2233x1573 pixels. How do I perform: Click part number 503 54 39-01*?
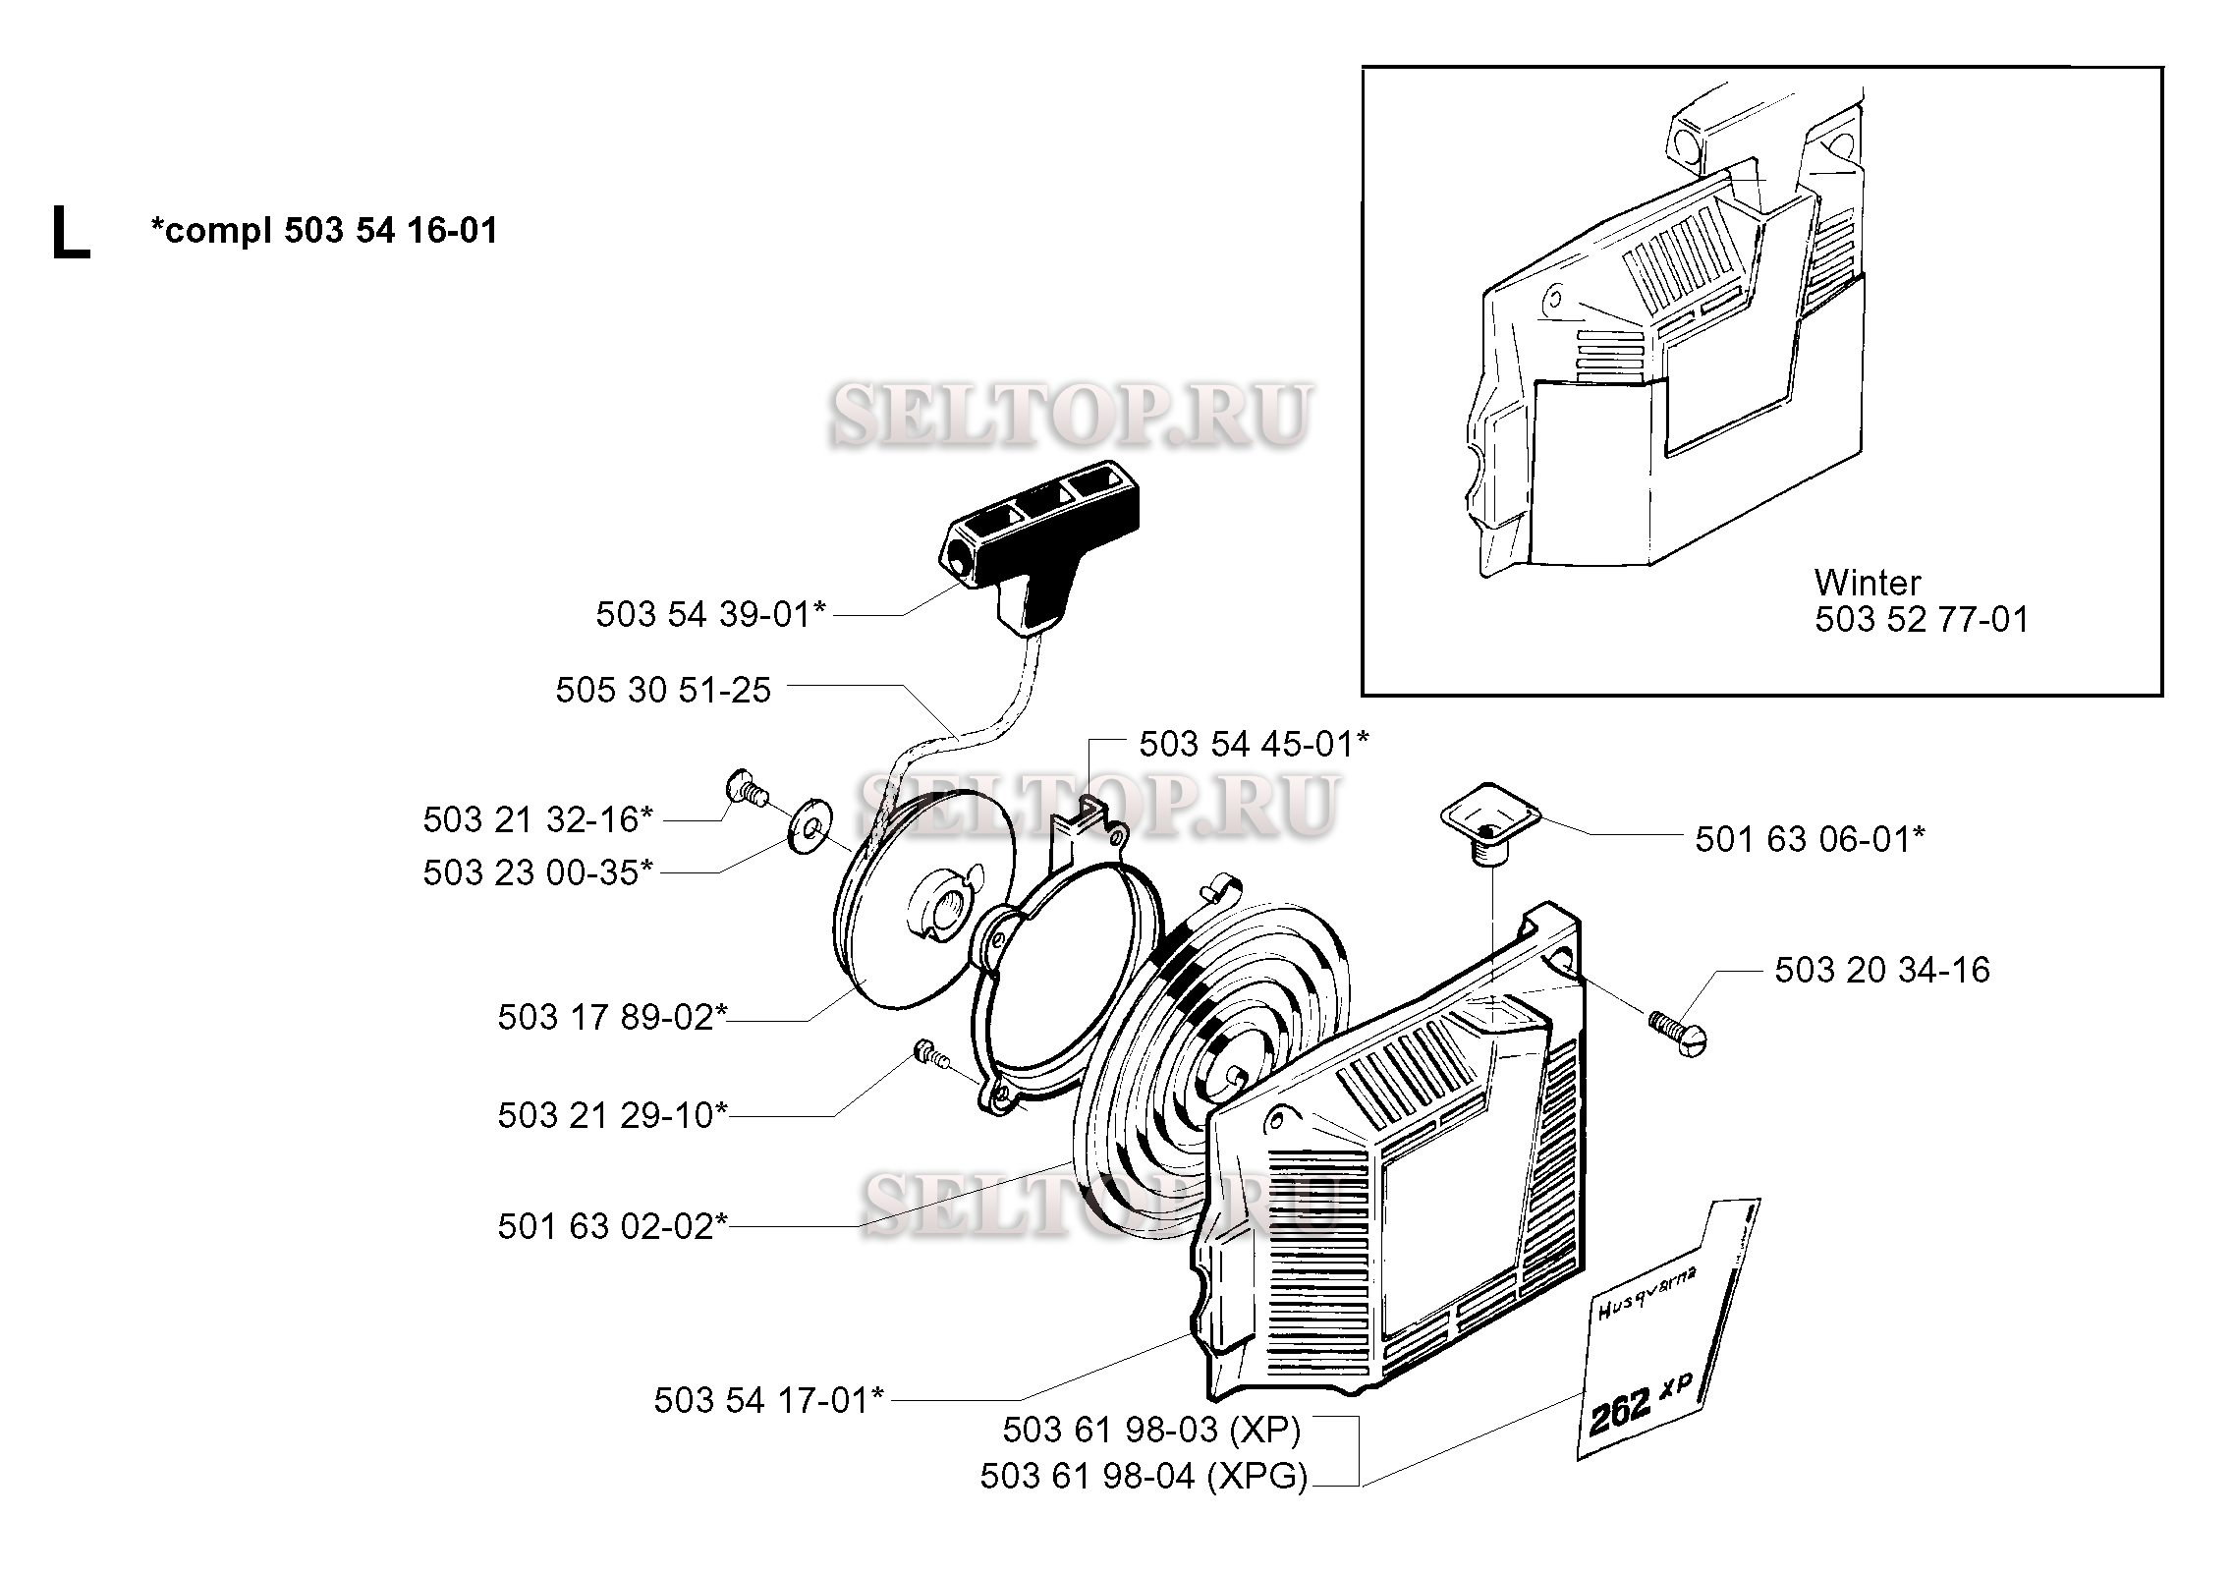[x=711, y=614]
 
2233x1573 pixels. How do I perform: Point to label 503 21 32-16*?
[x=537, y=819]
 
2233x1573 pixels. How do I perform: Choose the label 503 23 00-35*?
[x=537, y=872]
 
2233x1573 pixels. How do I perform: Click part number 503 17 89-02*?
[x=612, y=1017]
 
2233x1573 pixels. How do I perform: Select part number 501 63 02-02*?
[x=612, y=1226]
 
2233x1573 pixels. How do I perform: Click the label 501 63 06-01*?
[x=1810, y=839]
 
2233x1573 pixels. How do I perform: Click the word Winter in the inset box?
[x=1868, y=583]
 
